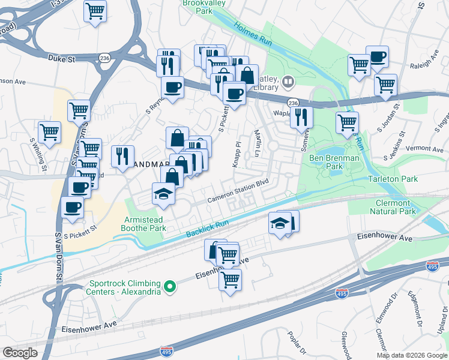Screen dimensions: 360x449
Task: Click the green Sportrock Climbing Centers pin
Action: tap(170, 287)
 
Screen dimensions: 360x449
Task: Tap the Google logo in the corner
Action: tap(20, 352)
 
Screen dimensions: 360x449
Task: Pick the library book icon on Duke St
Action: tap(289, 82)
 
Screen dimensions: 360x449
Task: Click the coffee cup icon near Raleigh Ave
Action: tap(377, 57)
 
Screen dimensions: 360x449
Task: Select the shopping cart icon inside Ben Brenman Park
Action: tap(347, 122)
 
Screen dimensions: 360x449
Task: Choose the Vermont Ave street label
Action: tap(424, 148)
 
